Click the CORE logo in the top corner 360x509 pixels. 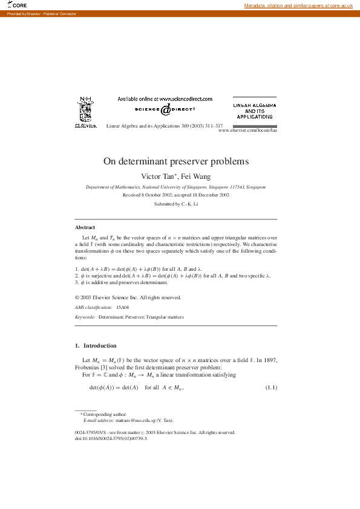[16, 5]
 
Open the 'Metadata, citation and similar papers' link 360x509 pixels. [298, 5]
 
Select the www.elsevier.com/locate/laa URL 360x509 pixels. [247, 131]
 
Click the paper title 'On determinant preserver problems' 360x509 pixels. [175, 161]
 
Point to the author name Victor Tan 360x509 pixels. [158, 176]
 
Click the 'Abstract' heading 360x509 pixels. [85, 227]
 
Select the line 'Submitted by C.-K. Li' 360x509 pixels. [175, 204]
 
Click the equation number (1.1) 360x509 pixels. [271, 387]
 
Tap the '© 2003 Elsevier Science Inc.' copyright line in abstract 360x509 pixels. [127, 297]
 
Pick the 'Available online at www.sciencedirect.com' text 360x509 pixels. [165, 99]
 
